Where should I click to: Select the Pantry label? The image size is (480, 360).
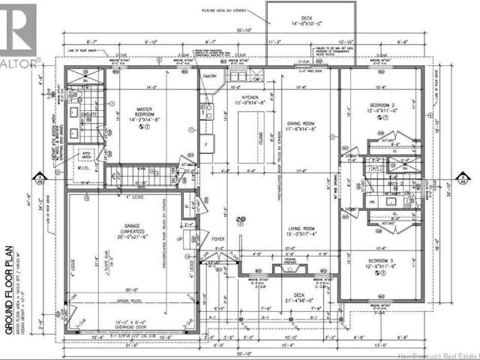click(208, 76)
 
